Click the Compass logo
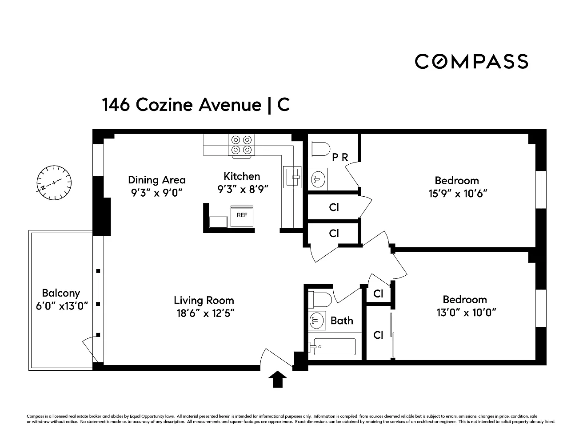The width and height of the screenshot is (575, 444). pos(471,61)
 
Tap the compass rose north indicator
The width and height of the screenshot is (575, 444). pos(54,182)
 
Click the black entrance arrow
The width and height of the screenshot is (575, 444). pos(277,379)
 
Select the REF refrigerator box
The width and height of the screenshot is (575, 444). pos(242,216)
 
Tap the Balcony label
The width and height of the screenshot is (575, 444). pos(61,293)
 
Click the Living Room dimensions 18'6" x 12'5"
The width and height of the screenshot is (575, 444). pos(204,313)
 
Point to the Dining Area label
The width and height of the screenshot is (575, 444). pos(157,180)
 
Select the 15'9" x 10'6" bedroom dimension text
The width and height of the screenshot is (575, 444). pos(457,194)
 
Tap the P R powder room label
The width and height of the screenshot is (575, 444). pos(340,157)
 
